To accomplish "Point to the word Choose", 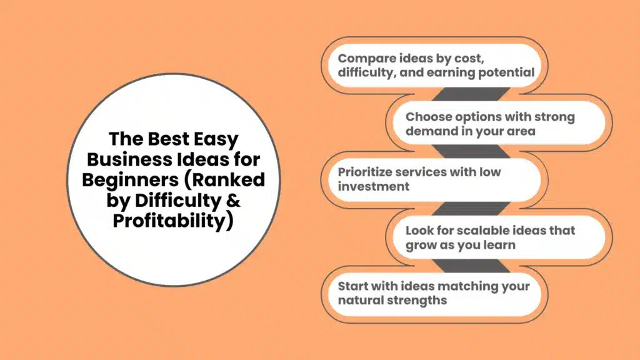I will [x=427, y=117].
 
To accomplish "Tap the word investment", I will [x=374, y=186].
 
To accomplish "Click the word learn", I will [x=497, y=245].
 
